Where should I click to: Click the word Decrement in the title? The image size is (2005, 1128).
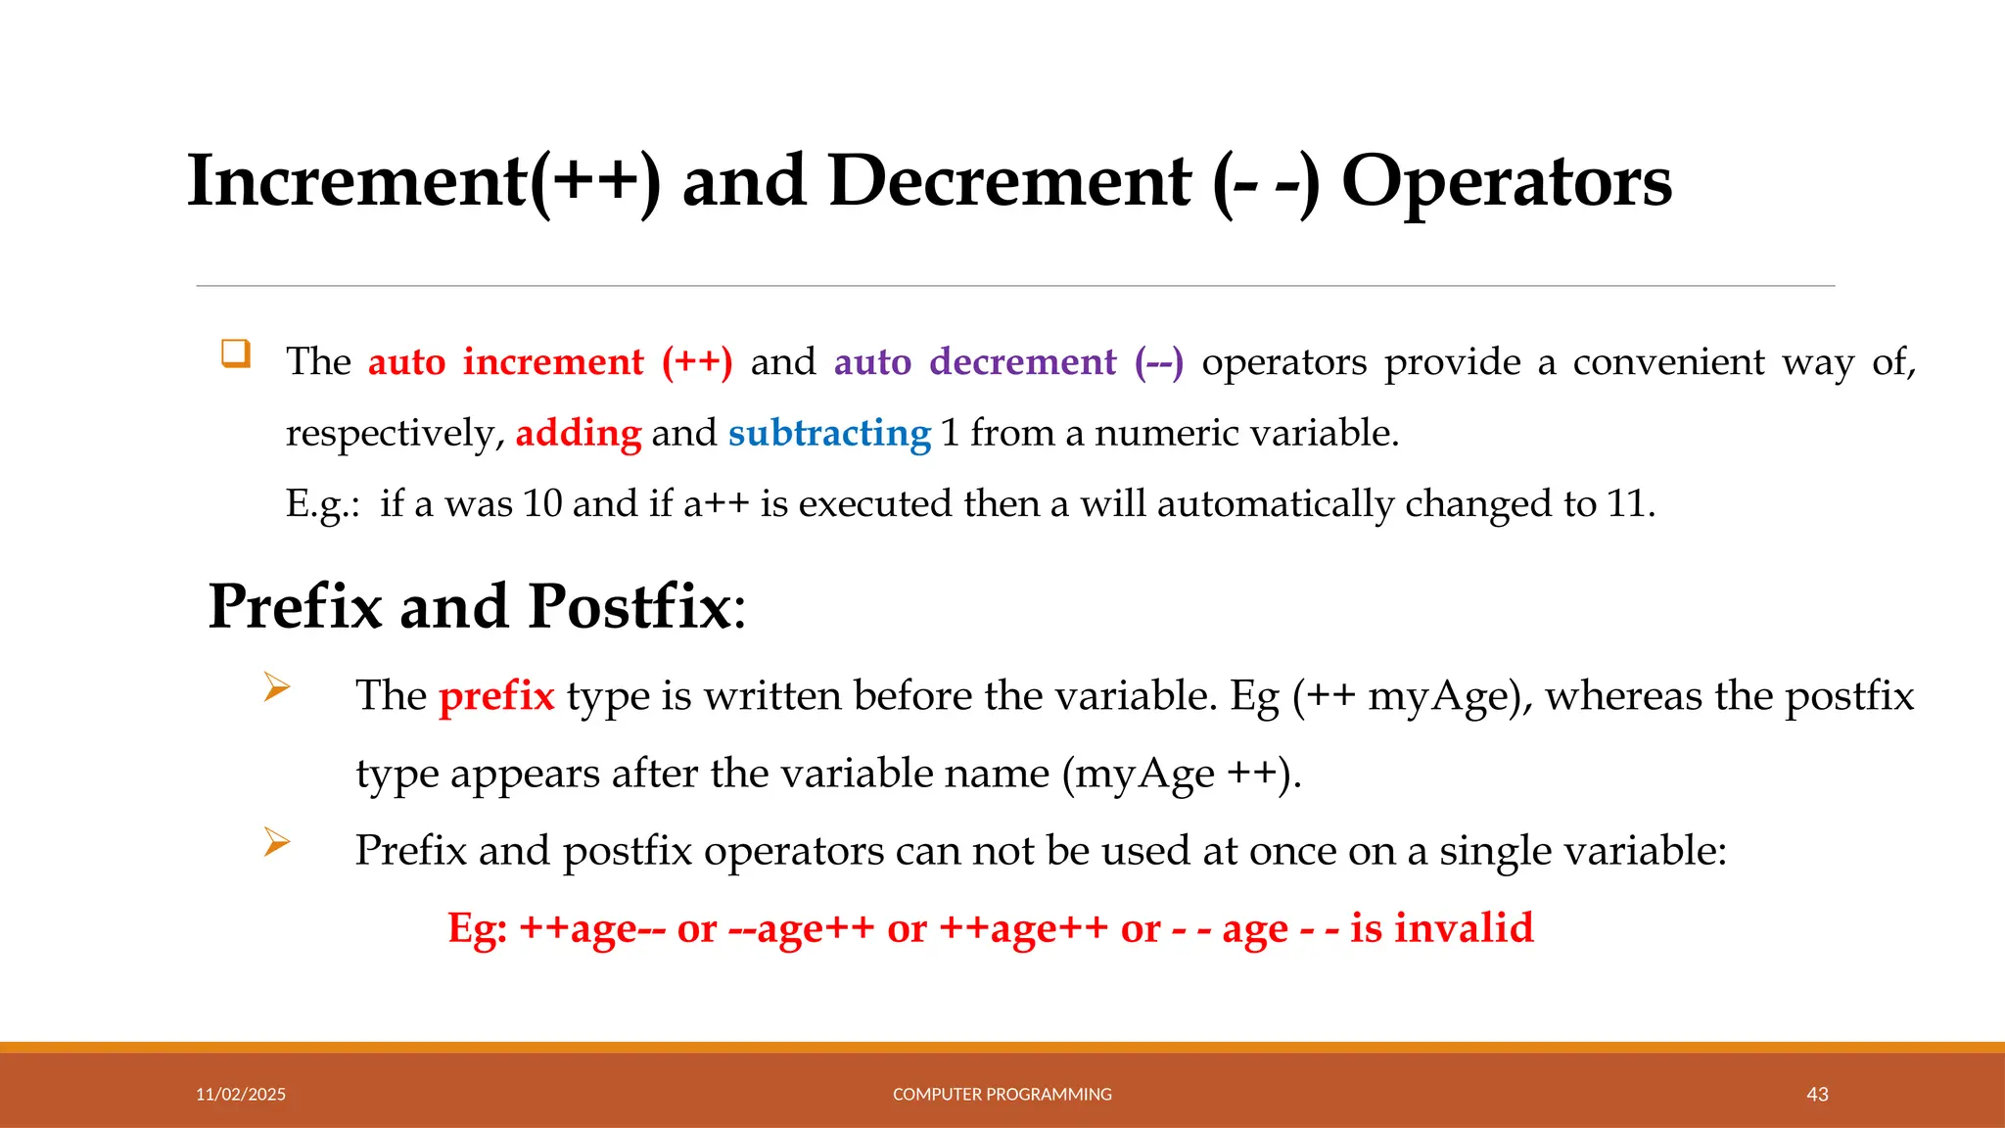point(1009,182)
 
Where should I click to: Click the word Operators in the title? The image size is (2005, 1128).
point(1506,182)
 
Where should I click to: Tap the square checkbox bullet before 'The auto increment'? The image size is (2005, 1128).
point(236,353)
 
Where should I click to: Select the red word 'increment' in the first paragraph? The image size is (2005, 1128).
point(553,362)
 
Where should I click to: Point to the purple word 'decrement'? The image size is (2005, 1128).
point(1022,362)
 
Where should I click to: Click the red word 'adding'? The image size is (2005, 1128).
point(578,433)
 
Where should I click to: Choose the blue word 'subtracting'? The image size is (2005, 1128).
point(829,433)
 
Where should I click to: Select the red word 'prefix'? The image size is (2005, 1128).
point(496,696)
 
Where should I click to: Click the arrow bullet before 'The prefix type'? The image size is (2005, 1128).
point(277,687)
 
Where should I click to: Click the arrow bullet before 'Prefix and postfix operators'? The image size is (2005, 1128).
point(277,842)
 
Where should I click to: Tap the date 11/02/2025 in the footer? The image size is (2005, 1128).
point(241,1095)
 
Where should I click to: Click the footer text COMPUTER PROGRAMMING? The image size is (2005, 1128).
point(1002,1095)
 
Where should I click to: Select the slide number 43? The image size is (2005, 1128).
point(1817,1095)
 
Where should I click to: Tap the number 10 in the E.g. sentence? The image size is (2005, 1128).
point(542,504)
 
